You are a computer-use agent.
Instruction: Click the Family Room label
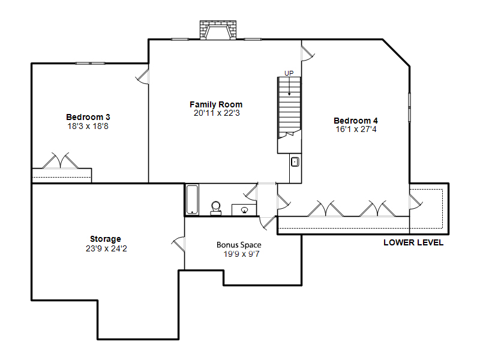(216, 104)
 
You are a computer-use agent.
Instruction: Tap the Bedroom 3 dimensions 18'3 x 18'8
(88, 126)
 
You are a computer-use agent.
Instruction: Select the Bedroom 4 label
(356, 121)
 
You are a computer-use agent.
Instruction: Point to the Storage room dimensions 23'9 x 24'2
(106, 248)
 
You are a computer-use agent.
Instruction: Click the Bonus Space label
(239, 245)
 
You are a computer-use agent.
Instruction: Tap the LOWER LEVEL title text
(413, 242)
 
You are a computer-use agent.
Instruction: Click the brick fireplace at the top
(218, 30)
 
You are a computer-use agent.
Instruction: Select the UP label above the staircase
(289, 73)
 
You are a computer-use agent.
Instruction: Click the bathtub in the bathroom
(192, 200)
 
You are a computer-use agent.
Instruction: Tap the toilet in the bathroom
(216, 208)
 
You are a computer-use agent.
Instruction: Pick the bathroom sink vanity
(244, 210)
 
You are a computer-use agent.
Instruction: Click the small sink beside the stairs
(295, 161)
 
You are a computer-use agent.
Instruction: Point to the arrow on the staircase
(289, 86)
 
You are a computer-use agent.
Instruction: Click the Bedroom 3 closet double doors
(61, 160)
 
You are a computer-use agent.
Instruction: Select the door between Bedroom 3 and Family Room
(142, 77)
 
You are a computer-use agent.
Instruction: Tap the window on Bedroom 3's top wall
(91, 64)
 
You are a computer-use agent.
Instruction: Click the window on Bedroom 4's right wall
(410, 107)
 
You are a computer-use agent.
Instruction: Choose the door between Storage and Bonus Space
(178, 244)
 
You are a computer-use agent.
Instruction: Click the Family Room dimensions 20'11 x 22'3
(217, 113)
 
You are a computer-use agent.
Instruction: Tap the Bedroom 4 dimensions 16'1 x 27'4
(356, 129)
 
